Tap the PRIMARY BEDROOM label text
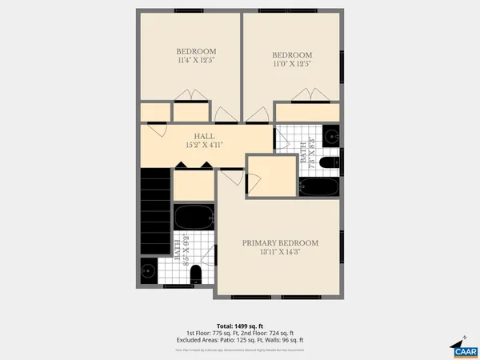[x=280, y=243]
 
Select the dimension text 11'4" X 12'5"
[x=196, y=60]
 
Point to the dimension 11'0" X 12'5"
[x=286, y=63]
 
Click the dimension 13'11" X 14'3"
[x=280, y=253]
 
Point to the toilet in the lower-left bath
[x=196, y=274]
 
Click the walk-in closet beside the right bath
[x=271, y=176]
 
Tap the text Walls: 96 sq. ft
[x=286, y=341]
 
